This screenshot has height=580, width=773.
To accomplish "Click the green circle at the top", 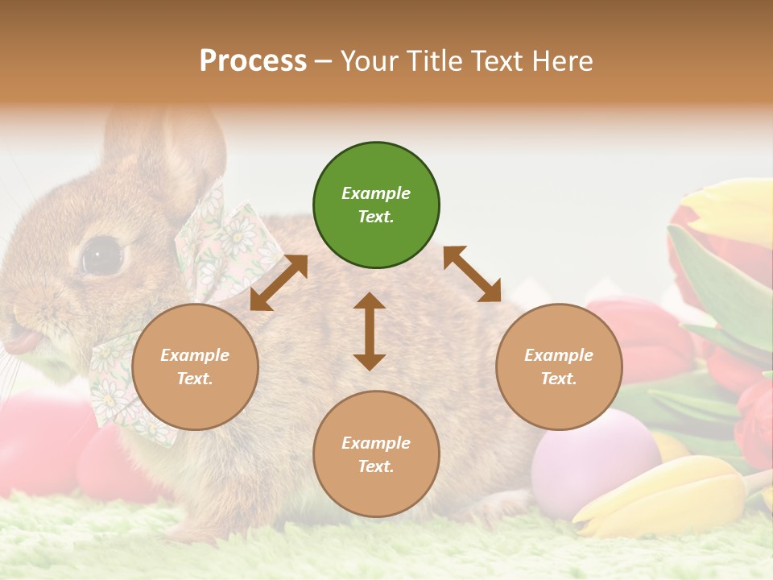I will [376, 205].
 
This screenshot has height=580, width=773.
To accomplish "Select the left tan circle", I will [195, 367].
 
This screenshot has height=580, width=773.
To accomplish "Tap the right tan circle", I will [559, 367].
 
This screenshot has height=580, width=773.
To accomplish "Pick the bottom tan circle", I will [376, 454].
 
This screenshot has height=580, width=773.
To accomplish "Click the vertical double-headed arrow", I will [370, 331].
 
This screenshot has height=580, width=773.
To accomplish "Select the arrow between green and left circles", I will [279, 283].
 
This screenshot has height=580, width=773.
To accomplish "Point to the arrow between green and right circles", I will [472, 274].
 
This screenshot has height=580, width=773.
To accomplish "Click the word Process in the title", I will [253, 61].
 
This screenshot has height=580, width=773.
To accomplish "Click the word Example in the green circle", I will [376, 193].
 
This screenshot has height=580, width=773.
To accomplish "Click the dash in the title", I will [324, 61].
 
